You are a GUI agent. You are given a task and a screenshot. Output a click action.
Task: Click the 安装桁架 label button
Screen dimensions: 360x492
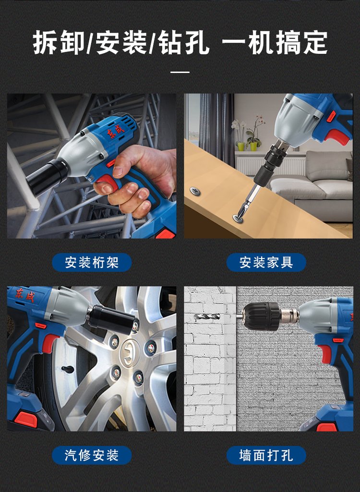point(92,262)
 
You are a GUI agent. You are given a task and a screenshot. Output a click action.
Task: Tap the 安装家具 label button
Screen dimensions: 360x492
point(266,262)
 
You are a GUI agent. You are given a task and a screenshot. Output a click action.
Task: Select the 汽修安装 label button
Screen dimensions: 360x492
point(92,455)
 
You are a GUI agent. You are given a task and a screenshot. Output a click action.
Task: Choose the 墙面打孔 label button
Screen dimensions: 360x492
point(266,455)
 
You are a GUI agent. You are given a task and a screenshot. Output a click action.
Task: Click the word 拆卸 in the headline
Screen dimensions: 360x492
point(59,42)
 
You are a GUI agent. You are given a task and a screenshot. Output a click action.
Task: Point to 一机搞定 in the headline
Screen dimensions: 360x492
point(275,42)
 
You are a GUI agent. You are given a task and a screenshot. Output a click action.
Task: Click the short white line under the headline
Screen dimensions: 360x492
point(180,72)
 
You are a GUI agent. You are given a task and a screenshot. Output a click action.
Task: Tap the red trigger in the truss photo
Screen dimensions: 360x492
point(107,182)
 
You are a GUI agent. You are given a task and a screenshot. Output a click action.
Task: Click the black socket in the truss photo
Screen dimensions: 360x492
point(47,177)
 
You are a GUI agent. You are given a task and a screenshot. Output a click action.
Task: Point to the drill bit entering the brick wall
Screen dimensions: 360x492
point(207,317)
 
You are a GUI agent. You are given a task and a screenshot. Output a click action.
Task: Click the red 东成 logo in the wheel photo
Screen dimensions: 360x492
point(25,295)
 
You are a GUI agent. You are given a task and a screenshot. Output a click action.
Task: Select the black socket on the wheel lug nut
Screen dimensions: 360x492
point(113,320)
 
